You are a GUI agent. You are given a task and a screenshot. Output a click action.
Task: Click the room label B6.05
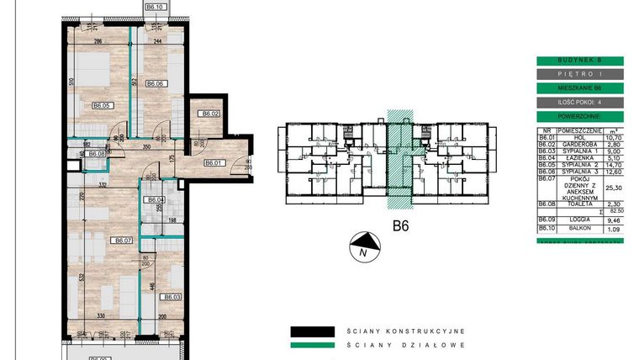tap(102, 105)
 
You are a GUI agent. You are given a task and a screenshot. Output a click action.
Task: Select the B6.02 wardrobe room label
tap(209, 114)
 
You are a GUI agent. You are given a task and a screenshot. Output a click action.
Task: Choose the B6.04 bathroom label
tap(154, 199)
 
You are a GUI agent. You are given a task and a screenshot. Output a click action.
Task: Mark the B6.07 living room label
tap(124, 240)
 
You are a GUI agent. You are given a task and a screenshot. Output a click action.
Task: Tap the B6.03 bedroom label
tap(172, 297)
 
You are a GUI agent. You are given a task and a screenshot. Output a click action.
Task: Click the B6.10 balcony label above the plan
tap(155, 6)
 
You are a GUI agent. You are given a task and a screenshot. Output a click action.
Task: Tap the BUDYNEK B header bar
tap(580, 61)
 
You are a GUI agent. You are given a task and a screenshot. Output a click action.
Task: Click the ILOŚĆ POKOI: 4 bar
tap(580, 103)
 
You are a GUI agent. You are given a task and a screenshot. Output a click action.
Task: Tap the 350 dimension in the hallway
tap(145, 147)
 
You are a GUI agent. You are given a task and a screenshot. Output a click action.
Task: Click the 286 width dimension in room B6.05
tap(98, 40)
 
